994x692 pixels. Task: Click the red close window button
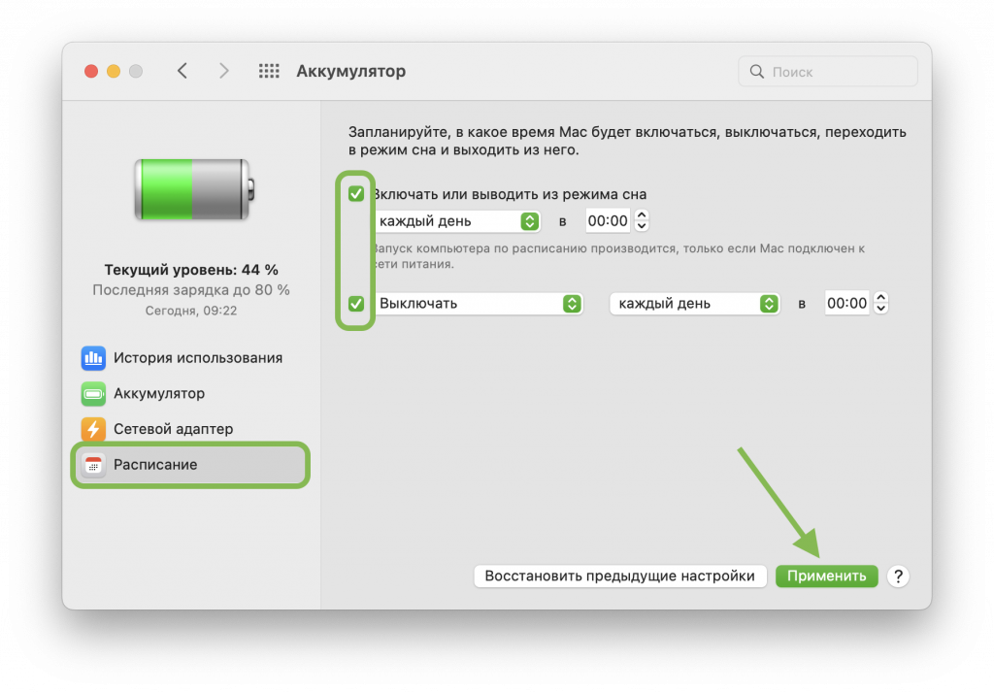[91, 71]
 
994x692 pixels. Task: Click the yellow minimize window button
[114, 71]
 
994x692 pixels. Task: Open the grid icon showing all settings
[269, 71]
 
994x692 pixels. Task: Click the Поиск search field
[828, 72]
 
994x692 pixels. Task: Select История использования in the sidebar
[182, 358]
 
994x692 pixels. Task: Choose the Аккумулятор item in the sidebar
[144, 393]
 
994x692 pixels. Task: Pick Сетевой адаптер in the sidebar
[157, 429]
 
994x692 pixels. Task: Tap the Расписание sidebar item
[190, 465]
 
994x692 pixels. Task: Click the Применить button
[827, 577]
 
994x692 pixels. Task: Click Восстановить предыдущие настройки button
[620, 577]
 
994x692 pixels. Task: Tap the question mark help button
[898, 577]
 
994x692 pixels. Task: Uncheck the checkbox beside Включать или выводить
[356, 194]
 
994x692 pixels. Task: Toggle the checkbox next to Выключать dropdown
[356, 304]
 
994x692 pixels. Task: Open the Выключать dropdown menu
[479, 304]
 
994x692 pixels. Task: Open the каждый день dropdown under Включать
[456, 221]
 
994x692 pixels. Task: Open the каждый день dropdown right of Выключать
[694, 304]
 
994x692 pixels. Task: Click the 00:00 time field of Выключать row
[846, 304]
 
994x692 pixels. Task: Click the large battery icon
[194, 190]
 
